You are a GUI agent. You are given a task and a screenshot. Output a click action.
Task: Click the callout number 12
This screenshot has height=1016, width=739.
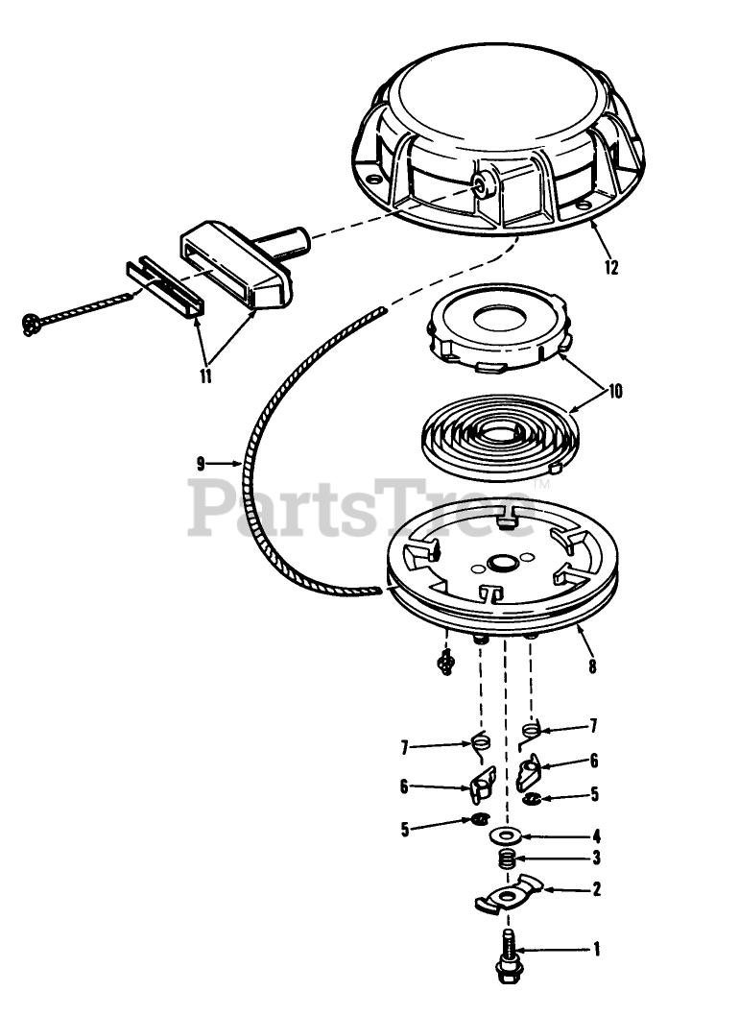tap(610, 268)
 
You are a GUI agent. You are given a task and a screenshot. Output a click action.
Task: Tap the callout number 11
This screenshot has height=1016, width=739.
tap(206, 376)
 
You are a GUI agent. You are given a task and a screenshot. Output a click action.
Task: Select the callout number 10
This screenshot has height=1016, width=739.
tap(615, 392)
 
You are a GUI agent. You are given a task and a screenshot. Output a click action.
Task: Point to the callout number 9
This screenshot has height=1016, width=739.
tap(201, 463)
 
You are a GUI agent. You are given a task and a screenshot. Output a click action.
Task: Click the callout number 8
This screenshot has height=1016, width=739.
tap(592, 666)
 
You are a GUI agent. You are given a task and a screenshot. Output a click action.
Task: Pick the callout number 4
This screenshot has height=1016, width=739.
tap(596, 835)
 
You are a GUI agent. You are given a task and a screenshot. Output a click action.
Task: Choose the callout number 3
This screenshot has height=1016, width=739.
tap(596, 859)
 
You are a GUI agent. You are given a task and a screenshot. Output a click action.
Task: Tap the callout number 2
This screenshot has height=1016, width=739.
tap(596, 889)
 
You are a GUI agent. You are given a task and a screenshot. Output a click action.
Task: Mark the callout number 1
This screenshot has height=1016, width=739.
tap(597, 950)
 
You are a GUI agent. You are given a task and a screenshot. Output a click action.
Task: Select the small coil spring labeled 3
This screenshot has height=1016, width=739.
tap(509, 860)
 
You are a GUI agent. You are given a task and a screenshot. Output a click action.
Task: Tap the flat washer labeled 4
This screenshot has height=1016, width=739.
tap(505, 835)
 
